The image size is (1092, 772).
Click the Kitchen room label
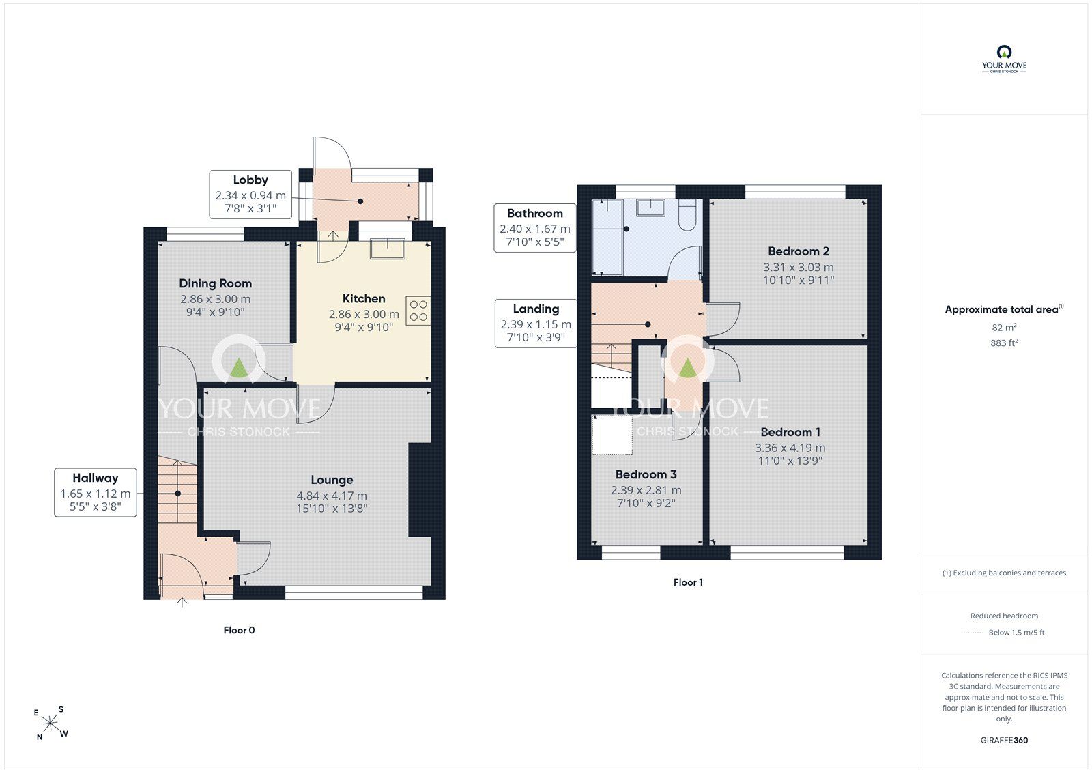click(x=364, y=298)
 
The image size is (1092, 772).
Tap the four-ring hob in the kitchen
click(x=418, y=311)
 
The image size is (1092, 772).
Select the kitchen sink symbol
click(x=388, y=248)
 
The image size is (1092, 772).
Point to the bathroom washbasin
click(x=651, y=208)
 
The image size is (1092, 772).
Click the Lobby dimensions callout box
click(x=250, y=194)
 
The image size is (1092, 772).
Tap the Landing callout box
click(x=536, y=324)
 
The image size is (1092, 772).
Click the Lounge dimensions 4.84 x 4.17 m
click(x=332, y=496)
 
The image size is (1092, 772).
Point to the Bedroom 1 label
click(x=790, y=432)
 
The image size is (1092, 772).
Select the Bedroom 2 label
click(x=799, y=251)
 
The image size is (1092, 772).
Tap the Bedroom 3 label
click(x=646, y=474)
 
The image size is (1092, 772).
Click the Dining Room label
click(x=216, y=283)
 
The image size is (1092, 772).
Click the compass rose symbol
click(x=51, y=723)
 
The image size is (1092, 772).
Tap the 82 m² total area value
click(x=1004, y=327)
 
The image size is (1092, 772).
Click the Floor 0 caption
click(x=239, y=630)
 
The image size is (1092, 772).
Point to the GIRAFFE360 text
click(x=1004, y=740)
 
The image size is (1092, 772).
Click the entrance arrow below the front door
click(x=182, y=603)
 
